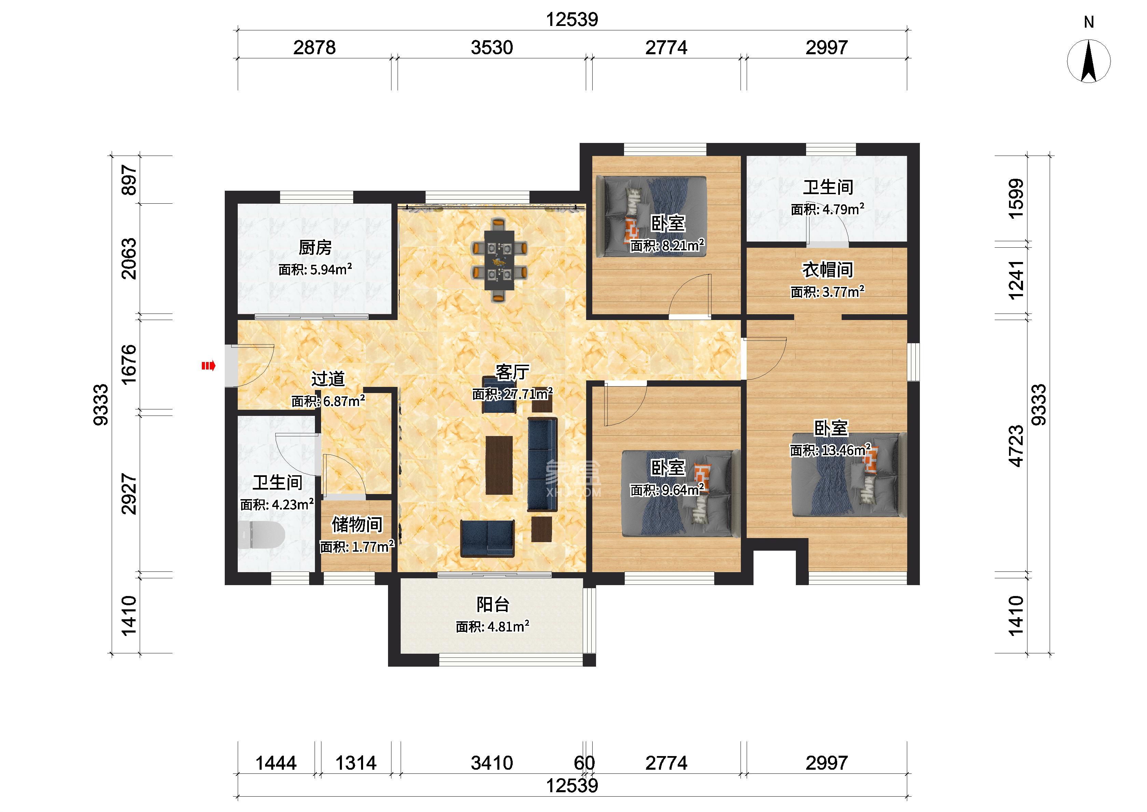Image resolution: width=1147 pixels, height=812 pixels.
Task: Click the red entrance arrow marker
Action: pyautogui.click(x=208, y=366)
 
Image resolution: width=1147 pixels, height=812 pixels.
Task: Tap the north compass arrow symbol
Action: pyautogui.click(x=1089, y=61)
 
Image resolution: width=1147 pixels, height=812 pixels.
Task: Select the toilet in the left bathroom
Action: pyautogui.click(x=261, y=535)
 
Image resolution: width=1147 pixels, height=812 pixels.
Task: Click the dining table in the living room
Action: pyautogui.click(x=499, y=260)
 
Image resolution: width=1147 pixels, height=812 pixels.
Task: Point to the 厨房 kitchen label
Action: pyautogui.click(x=315, y=247)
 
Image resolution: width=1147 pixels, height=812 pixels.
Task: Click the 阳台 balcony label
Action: pyautogui.click(x=493, y=605)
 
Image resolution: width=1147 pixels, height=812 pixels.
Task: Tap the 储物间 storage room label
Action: pyautogui.click(x=357, y=524)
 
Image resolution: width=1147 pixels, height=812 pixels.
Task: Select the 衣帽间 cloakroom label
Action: pyautogui.click(x=828, y=270)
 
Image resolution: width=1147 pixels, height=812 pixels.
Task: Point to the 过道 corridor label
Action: pyautogui.click(x=328, y=379)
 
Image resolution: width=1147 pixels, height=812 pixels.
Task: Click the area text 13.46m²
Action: pyautogui.click(x=844, y=450)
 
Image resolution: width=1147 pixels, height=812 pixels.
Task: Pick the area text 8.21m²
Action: pyautogui.click(x=681, y=246)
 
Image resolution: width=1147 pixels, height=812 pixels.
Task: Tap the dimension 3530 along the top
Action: pyautogui.click(x=492, y=47)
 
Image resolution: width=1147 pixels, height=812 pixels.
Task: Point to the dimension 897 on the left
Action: pyautogui.click(x=129, y=180)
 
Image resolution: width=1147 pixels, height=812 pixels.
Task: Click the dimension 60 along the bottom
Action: pyautogui.click(x=584, y=763)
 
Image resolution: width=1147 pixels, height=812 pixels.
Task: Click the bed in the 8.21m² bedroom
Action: pyautogui.click(x=655, y=217)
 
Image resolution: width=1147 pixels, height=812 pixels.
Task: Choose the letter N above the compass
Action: pyautogui.click(x=1089, y=22)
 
